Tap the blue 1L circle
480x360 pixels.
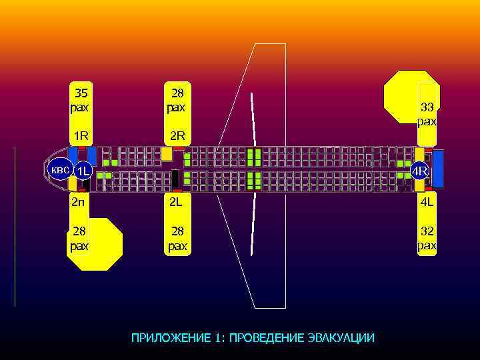coord(83,171)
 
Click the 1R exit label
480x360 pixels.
coord(81,137)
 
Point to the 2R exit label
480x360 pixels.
coord(177,137)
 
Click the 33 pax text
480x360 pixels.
coord(427,114)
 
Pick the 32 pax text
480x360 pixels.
coord(427,238)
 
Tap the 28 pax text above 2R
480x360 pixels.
coord(177,99)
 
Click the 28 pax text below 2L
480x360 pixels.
coord(177,238)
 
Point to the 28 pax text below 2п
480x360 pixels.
coord(80,238)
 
